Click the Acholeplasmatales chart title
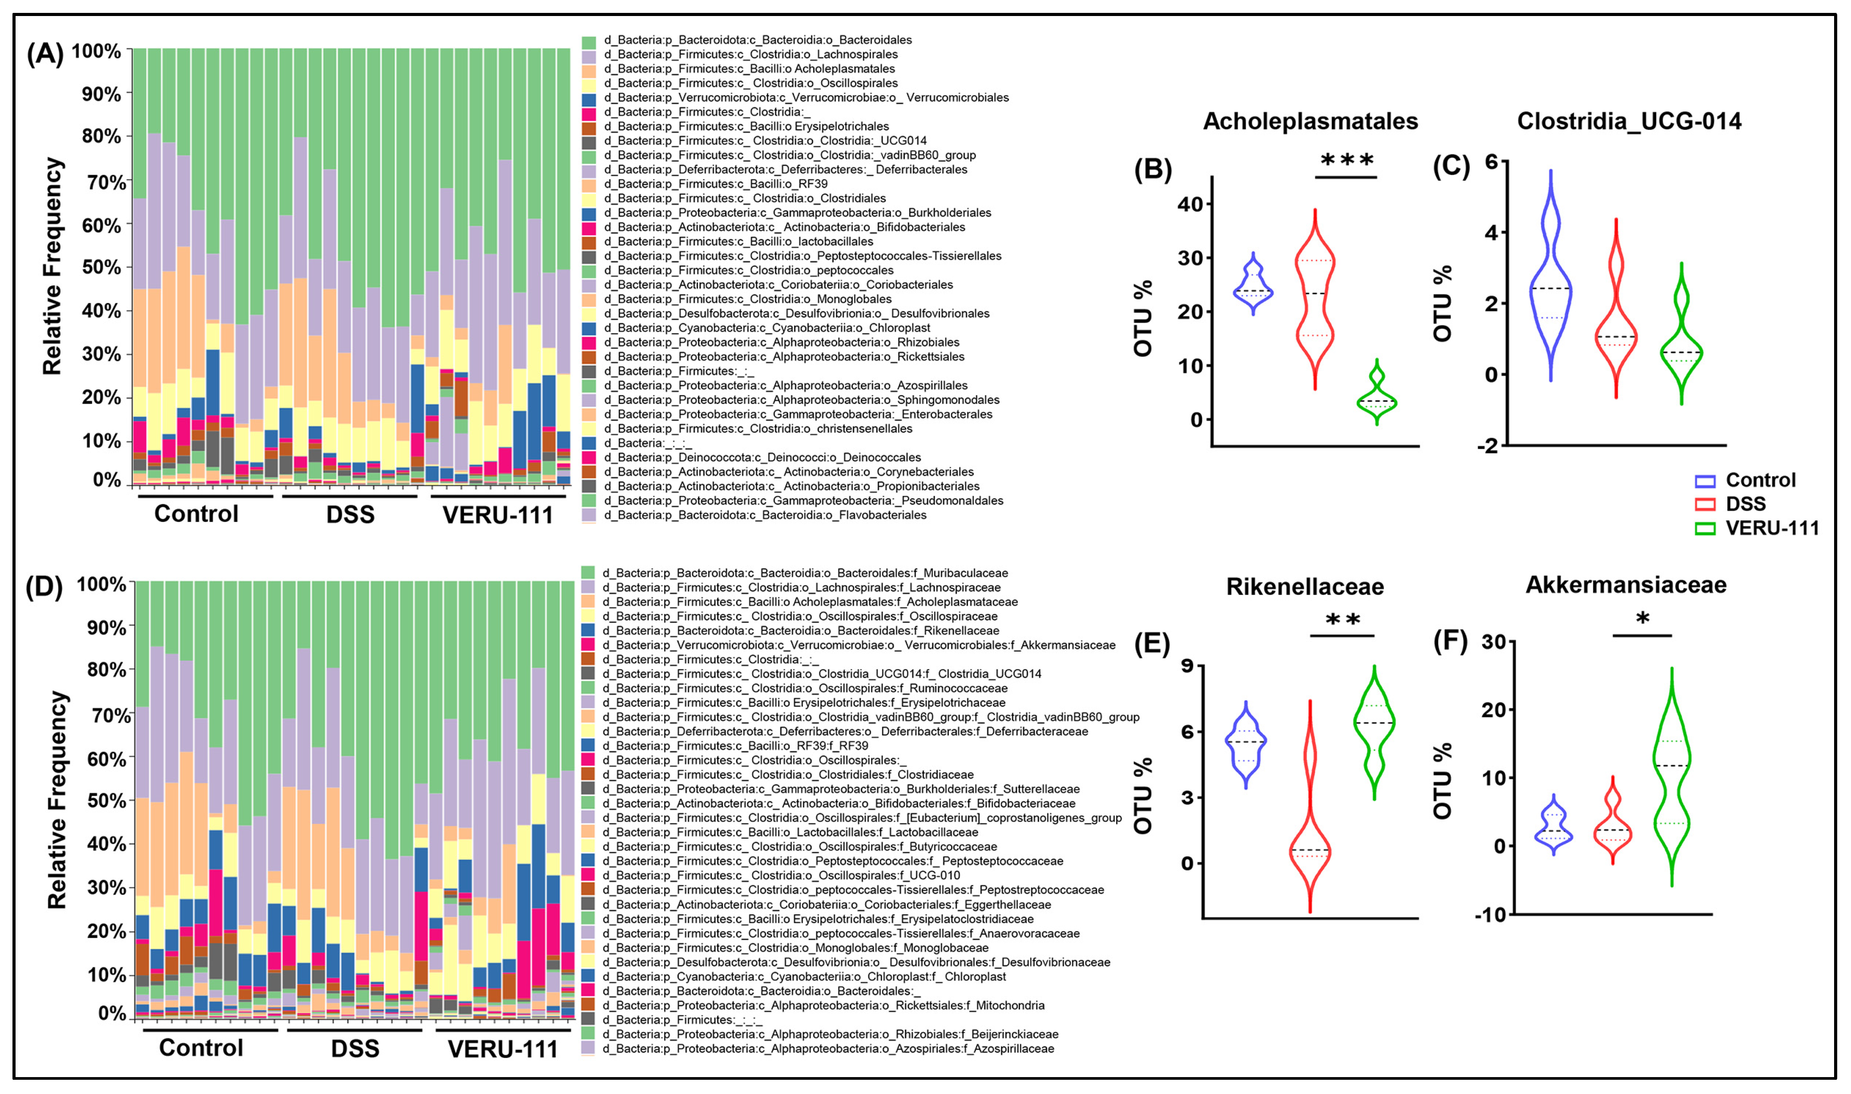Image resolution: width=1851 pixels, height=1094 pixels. [1310, 121]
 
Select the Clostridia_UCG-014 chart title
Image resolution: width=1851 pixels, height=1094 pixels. [1629, 121]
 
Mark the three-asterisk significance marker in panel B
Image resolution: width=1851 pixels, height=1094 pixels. [1346, 161]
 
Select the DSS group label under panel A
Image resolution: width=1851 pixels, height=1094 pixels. [350, 515]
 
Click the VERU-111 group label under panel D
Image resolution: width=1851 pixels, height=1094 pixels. [503, 1048]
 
